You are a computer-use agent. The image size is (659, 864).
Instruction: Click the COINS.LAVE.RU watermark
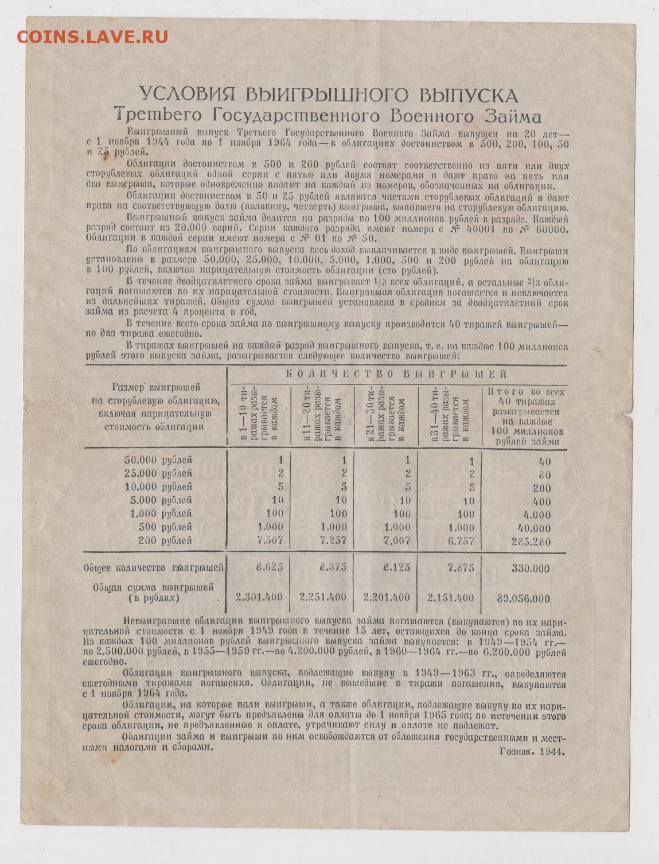click(x=92, y=37)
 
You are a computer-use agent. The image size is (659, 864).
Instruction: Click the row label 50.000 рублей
click(x=158, y=460)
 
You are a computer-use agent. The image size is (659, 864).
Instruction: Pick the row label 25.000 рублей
click(x=158, y=474)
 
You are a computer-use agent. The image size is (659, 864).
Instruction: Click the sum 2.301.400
click(x=259, y=597)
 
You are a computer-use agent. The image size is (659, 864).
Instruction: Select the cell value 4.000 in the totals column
click(x=537, y=515)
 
